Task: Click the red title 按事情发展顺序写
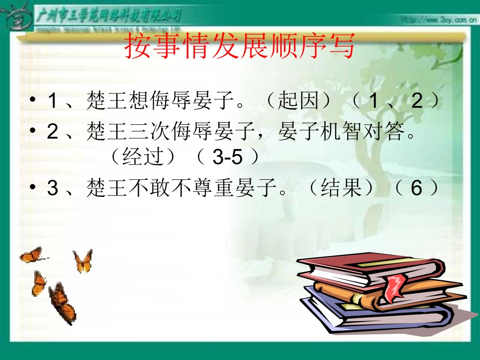tap(239, 46)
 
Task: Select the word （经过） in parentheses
tap(144, 158)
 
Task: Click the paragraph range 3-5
tap(227, 158)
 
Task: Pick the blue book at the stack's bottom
tap(349, 316)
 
